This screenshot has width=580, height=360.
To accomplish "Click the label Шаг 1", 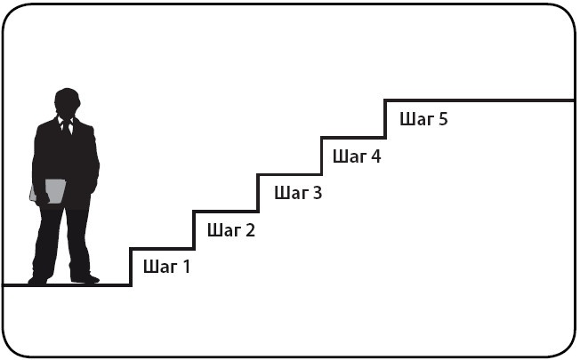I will click(x=166, y=265).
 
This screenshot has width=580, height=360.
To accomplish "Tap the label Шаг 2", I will click(x=230, y=230).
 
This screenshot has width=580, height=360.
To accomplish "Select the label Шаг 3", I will click(x=298, y=192).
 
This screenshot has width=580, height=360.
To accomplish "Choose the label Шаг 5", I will click(x=423, y=119).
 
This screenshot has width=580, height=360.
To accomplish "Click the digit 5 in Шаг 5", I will click(x=442, y=119).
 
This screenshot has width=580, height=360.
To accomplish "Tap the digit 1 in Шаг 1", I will click(x=186, y=265).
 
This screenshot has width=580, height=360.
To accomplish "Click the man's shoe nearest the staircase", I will click(x=86, y=278).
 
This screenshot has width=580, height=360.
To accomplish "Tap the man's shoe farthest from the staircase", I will click(x=38, y=280).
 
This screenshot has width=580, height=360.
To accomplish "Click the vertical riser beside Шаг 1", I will click(x=131, y=267).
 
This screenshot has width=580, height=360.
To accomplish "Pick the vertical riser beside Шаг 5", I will click(x=385, y=119).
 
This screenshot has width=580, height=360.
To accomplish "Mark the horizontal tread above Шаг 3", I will click(x=289, y=174).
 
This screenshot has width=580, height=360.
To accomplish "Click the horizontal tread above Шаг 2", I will click(x=225, y=212).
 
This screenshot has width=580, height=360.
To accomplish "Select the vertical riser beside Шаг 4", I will click(x=321, y=156).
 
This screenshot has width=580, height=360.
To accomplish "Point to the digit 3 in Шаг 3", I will click(x=317, y=192).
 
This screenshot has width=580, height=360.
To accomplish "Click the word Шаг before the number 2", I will click(x=222, y=230).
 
